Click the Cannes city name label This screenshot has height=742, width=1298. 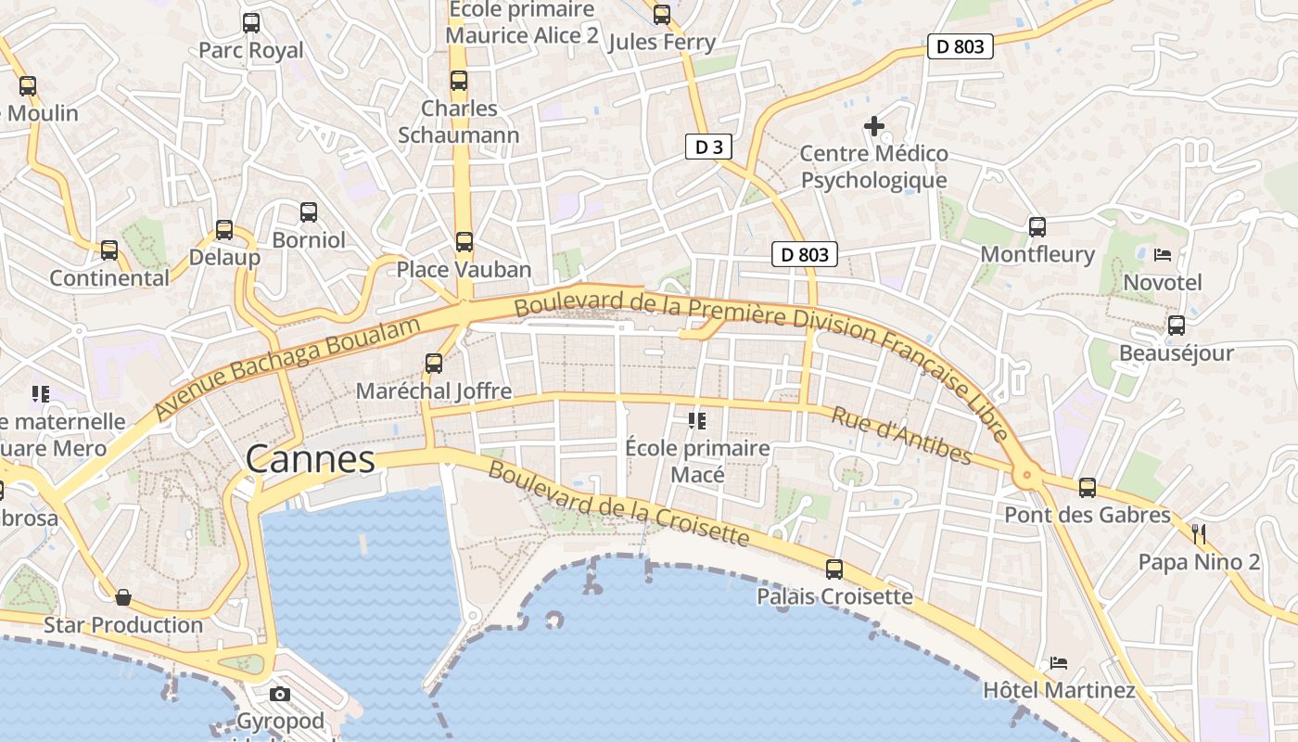(311, 459)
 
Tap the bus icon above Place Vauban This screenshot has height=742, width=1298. (464, 242)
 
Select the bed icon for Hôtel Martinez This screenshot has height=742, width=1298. (1059, 663)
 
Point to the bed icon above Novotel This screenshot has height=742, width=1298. (1162, 254)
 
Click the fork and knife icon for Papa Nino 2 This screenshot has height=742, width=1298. (1199, 533)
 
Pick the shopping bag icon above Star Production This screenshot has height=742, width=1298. (122, 597)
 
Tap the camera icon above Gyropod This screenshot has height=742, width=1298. (280, 694)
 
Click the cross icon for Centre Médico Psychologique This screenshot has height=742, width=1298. (873, 125)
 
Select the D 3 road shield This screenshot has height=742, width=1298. (708, 147)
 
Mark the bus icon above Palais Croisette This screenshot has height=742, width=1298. (834, 569)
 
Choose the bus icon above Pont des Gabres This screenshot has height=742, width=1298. (1088, 487)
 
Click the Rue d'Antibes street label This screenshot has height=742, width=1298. (900, 435)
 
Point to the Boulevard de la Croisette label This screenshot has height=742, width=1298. (617, 504)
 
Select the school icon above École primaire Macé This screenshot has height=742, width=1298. (697, 421)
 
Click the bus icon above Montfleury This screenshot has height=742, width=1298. (1037, 226)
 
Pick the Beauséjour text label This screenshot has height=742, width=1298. (1176, 353)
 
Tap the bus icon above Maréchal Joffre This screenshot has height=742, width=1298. (434, 363)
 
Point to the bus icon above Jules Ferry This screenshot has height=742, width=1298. (662, 15)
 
